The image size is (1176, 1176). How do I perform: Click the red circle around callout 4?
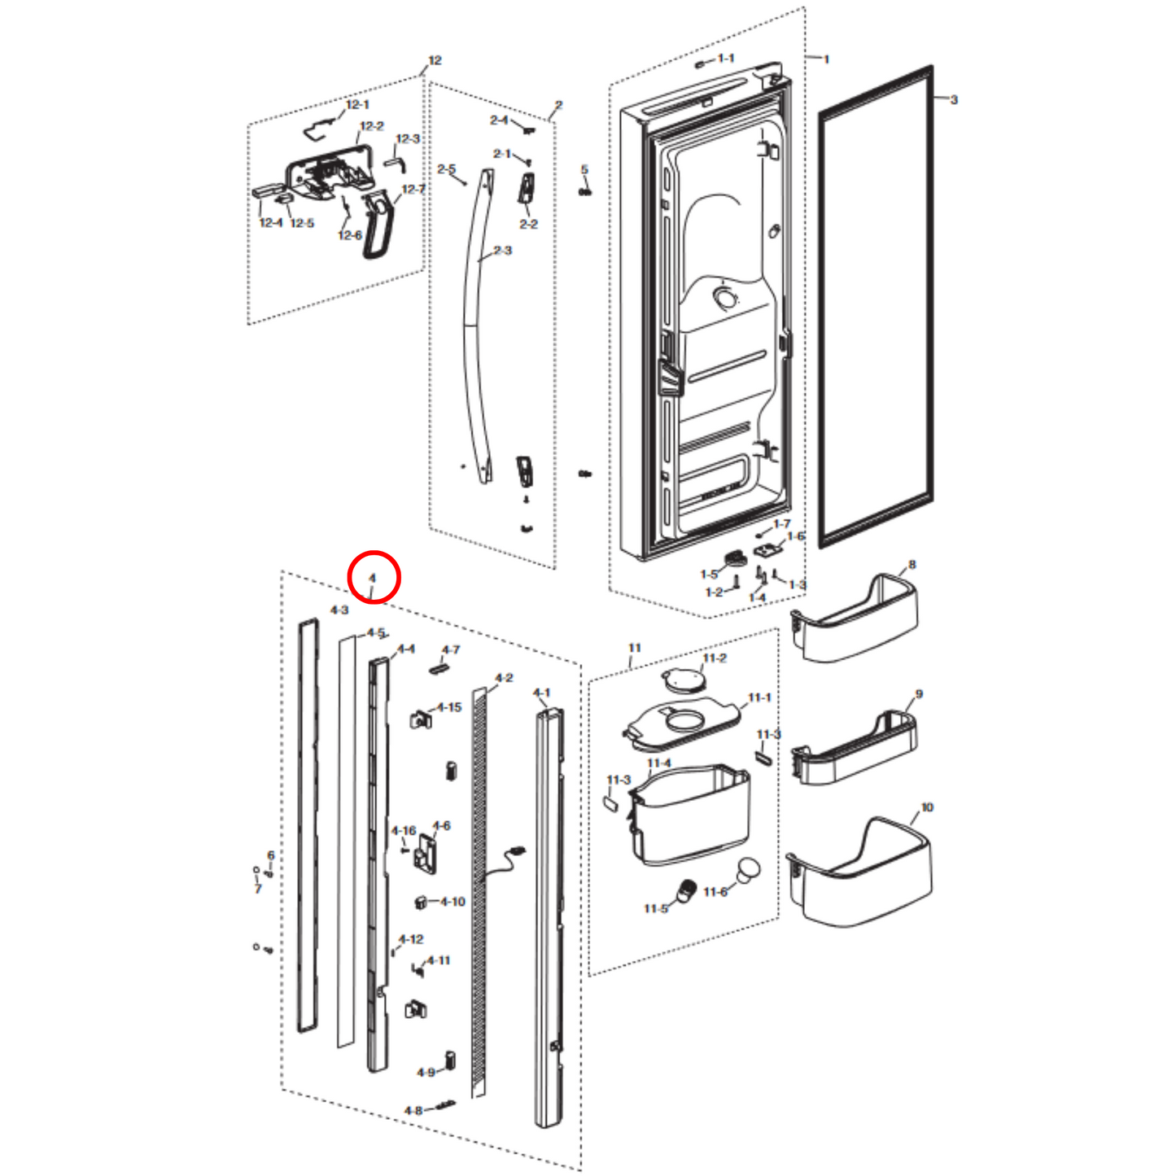[x=374, y=577]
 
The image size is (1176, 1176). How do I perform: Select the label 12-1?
[x=357, y=104]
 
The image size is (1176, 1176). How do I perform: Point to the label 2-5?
[x=446, y=169]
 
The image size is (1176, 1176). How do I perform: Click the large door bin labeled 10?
[x=863, y=875]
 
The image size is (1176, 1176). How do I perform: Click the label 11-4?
[x=658, y=763]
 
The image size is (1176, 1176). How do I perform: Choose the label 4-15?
[x=448, y=707]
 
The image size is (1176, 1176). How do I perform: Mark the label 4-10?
[x=452, y=901]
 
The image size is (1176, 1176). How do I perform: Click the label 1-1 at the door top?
[x=726, y=59]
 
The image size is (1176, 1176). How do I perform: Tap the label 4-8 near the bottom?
[x=413, y=1110]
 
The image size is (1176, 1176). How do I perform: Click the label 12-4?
[x=271, y=223]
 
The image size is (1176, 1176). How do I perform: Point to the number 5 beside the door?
[x=584, y=170]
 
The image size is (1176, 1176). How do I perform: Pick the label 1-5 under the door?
[x=709, y=575]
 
